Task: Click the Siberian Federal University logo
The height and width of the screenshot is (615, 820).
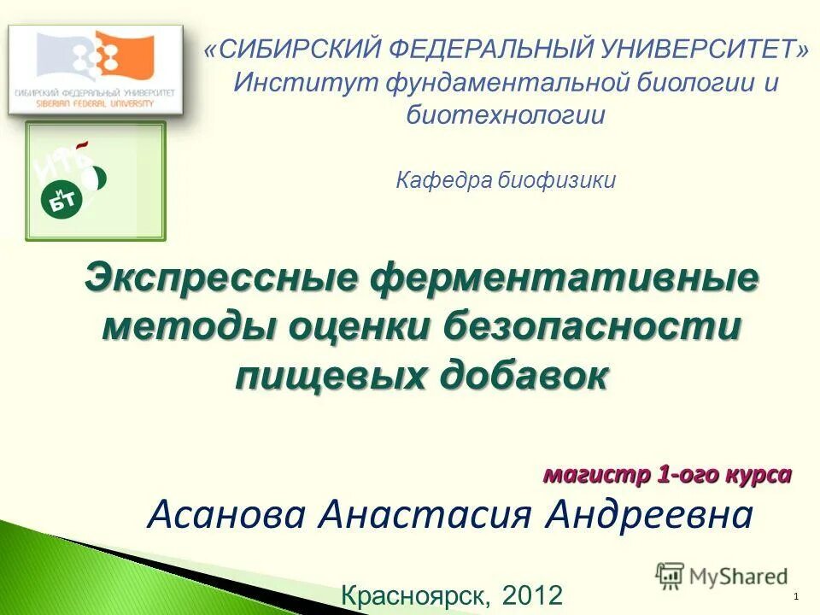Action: (x=95, y=70)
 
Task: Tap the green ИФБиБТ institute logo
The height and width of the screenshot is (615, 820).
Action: (x=95, y=180)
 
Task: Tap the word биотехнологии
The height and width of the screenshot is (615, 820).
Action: (x=507, y=114)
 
